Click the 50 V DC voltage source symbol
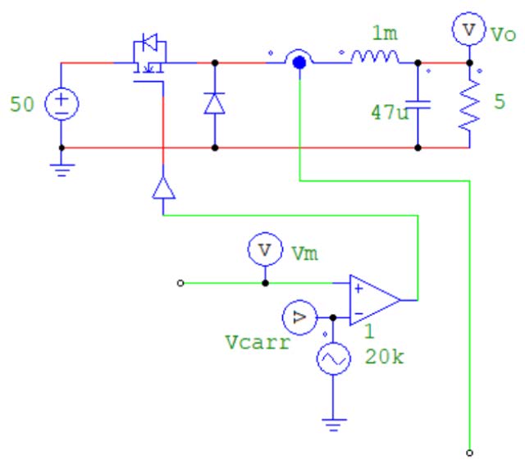point(62,104)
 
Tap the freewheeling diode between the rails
point(215,103)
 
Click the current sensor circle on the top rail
point(299,61)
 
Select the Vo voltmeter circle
point(468,30)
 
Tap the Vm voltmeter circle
point(264,250)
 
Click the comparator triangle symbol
point(373,299)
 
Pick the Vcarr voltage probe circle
point(297,317)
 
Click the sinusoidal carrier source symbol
point(333,359)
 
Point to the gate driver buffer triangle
point(164,189)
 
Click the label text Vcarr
point(257,344)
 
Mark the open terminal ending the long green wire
point(469,451)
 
